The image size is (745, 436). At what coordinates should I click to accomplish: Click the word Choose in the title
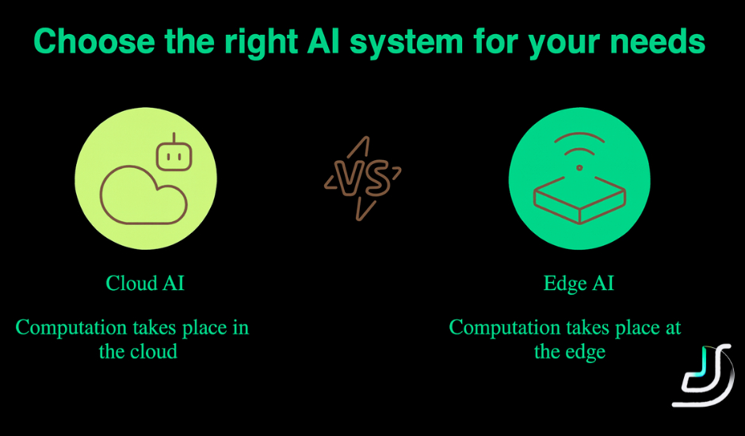click(x=82, y=42)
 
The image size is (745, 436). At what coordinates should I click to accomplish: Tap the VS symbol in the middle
click(x=362, y=178)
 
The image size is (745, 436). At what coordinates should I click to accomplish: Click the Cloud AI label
click(x=145, y=284)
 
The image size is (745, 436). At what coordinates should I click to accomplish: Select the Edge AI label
click(x=579, y=284)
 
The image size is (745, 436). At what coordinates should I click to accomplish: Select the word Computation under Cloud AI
click(x=71, y=327)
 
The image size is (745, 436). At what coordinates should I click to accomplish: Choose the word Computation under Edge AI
click(x=505, y=327)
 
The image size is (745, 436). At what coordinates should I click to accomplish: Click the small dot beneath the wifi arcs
click(x=579, y=167)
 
